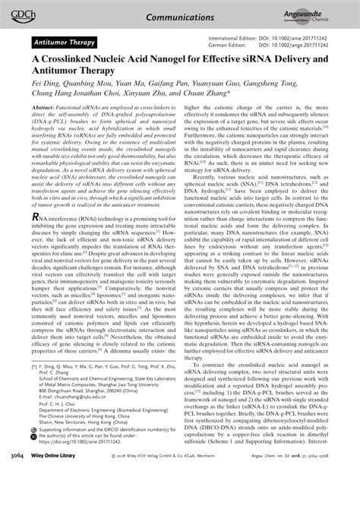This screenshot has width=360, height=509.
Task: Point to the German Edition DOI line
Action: point(268,45)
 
